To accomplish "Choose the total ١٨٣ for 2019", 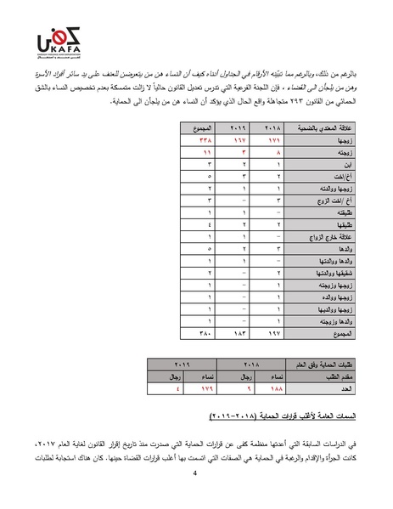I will (x=239, y=334).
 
